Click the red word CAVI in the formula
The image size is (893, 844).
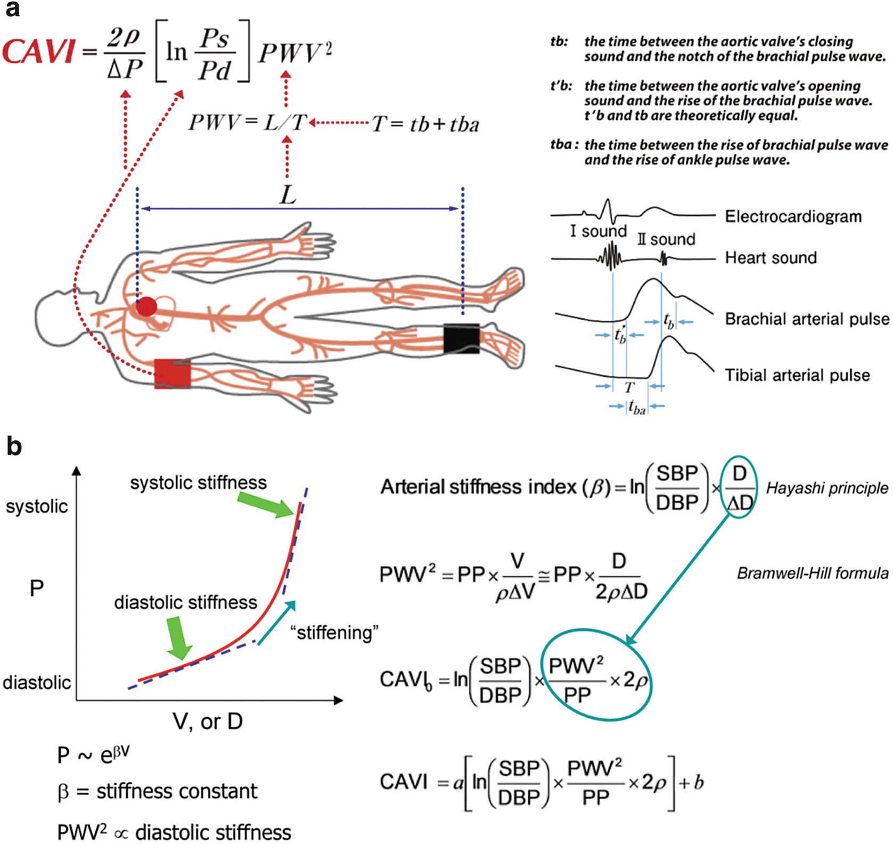tap(38, 53)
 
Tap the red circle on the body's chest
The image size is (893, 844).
tap(146, 307)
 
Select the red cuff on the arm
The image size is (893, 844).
tap(172, 374)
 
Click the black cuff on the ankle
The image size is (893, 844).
tap(461, 338)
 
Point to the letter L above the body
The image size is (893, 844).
tap(288, 196)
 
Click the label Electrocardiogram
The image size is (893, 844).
tap(793, 216)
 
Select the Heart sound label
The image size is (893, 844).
tap(771, 258)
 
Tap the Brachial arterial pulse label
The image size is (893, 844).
tap(807, 319)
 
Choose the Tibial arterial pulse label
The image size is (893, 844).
tap(797, 375)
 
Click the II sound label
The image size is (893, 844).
tap(666, 239)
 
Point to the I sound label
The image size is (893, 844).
tap(598, 231)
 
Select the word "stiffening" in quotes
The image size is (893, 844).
tap(334, 633)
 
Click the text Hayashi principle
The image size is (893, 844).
tap(827, 488)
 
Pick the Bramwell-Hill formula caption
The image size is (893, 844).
tap(813, 573)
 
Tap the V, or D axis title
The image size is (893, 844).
tap(208, 721)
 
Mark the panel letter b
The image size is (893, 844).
tap(14, 447)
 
